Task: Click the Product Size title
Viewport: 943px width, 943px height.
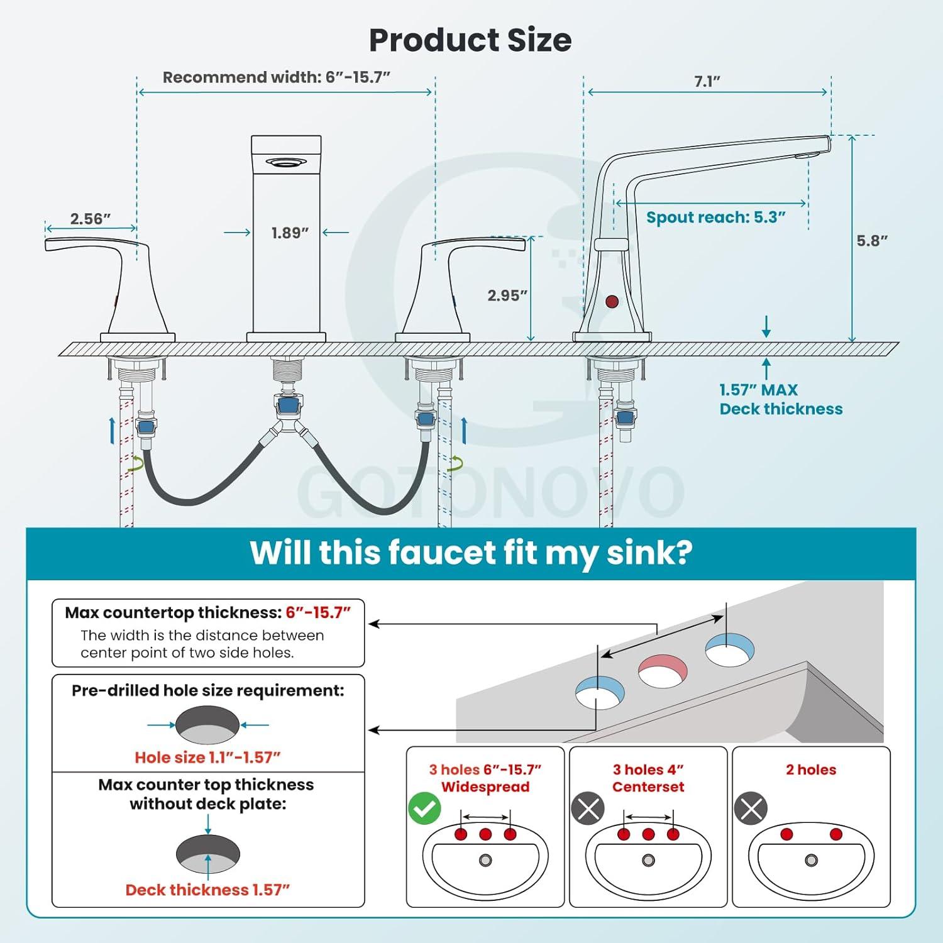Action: pyautogui.click(x=470, y=40)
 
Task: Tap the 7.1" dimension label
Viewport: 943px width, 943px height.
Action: pyautogui.click(x=707, y=82)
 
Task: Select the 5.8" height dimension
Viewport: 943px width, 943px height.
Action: pyautogui.click(x=872, y=241)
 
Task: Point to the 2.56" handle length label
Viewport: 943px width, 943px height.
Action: pyautogui.click(x=91, y=219)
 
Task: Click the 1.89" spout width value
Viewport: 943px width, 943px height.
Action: pyautogui.click(x=290, y=233)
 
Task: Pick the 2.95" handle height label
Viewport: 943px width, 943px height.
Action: pyautogui.click(x=507, y=295)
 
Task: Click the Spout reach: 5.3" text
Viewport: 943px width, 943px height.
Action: pyautogui.click(x=716, y=218)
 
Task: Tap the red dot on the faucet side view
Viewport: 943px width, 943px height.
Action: pyautogui.click(x=612, y=301)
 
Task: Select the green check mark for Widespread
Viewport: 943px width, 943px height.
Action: pyautogui.click(x=425, y=809)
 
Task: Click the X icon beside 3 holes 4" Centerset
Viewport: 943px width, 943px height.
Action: pyautogui.click(x=588, y=809)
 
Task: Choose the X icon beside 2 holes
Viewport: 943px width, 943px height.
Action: pyautogui.click(x=751, y=809)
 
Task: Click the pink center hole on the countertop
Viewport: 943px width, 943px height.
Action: pyautogui.click(x=663, y=671)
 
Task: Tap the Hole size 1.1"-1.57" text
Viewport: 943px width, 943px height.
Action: pyautogui.click(x=207, y=758)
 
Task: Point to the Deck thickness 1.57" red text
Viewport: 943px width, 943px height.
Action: pyautogui.click(x=207, y=890)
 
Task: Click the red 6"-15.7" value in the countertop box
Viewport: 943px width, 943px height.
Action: pyautogui.click(x=318, y=612)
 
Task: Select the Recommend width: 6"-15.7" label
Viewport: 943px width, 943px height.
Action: pyautogui.click(x=277, y=77)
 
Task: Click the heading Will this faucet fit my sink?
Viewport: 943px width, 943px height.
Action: pyautogui.click(x=471, y=553)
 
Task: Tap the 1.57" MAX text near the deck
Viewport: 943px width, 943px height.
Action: pyautogui.click(x=758, y=390)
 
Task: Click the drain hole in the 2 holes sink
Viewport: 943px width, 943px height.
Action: pyautogui.click(x=812, y=860)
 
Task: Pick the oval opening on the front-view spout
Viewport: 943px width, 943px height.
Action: pyautogui.click(x=287, y=162)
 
